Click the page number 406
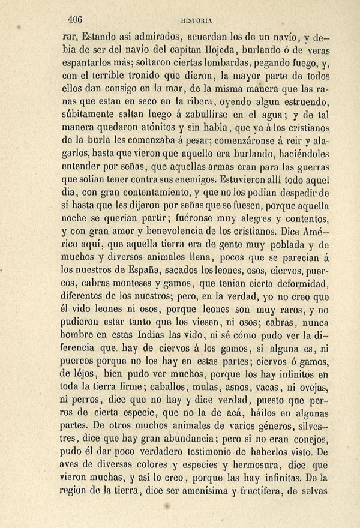coord(76,17)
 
